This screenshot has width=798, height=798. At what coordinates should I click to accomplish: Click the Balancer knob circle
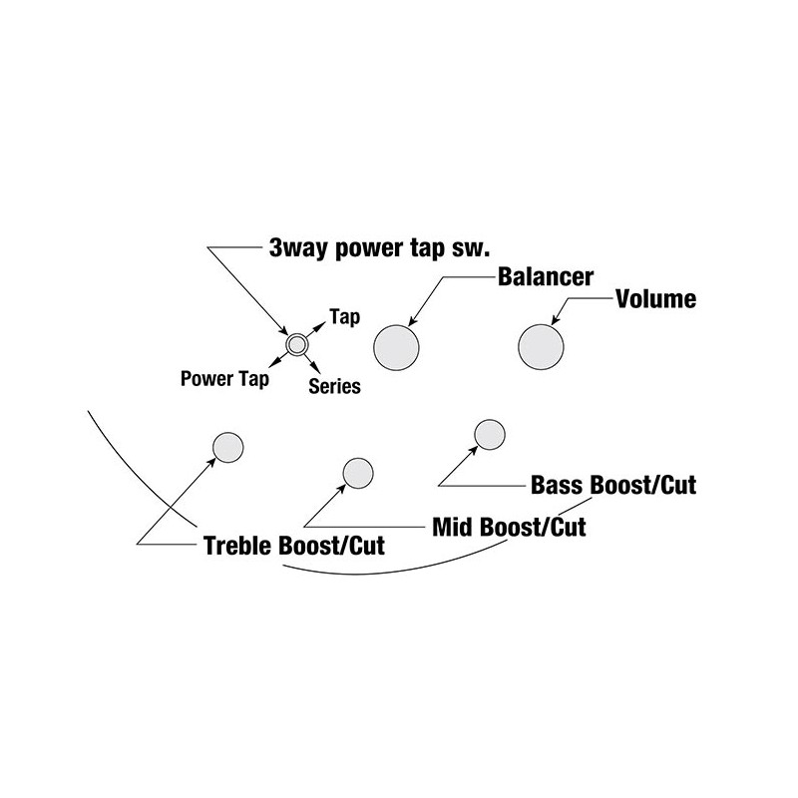pos(396,347)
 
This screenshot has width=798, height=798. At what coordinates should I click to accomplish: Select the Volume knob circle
pos(541,347)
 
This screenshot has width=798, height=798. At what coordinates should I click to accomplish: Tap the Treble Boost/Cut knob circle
pos(228,447)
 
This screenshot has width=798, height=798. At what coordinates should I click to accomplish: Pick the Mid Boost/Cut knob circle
pos(358,473)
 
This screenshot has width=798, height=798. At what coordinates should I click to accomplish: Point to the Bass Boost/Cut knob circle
pos(490,435)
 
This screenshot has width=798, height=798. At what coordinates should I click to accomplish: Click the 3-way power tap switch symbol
pos(296,344)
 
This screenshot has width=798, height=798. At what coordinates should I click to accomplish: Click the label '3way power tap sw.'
pos(380,248)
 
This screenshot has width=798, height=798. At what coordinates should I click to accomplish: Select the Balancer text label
pos(546,277)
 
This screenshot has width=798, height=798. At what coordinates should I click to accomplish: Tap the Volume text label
pos(656,298)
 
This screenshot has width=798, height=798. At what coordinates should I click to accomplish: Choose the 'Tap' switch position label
pos(345,316)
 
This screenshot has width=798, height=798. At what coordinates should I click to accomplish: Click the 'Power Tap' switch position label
pos(225,379)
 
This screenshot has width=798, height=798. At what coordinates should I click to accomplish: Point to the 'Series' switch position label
pos(334,386)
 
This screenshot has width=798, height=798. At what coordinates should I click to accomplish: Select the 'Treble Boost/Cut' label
pos(294,546)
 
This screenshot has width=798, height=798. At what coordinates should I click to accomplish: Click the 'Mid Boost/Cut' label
pos(509,527)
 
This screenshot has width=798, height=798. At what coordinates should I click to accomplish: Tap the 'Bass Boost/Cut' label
pos(613,485)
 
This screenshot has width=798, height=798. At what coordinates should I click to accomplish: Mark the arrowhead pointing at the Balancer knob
pos(413,320)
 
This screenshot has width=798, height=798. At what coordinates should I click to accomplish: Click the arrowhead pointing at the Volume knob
pos(556,319)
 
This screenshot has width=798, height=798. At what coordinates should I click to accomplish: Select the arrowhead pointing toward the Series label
pos(316,369)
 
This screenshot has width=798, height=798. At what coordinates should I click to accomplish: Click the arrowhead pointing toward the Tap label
pos(321,325)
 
